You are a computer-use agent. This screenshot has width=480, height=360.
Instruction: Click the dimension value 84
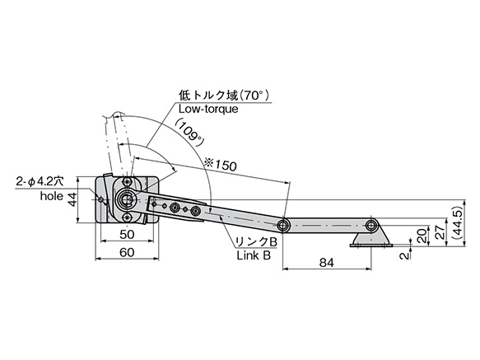(x=326, y=263)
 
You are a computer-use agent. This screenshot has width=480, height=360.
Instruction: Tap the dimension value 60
(x=127, y=252)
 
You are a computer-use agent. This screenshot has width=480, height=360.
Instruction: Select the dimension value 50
(x=127, y=235)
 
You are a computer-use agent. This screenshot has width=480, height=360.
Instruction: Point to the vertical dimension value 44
(x=72, y=199)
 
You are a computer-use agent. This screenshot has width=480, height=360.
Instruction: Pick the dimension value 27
(x=440, y=232)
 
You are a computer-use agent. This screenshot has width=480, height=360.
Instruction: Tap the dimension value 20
(x=422, y=236)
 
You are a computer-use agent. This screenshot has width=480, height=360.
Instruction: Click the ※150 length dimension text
(x=220, y=165)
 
